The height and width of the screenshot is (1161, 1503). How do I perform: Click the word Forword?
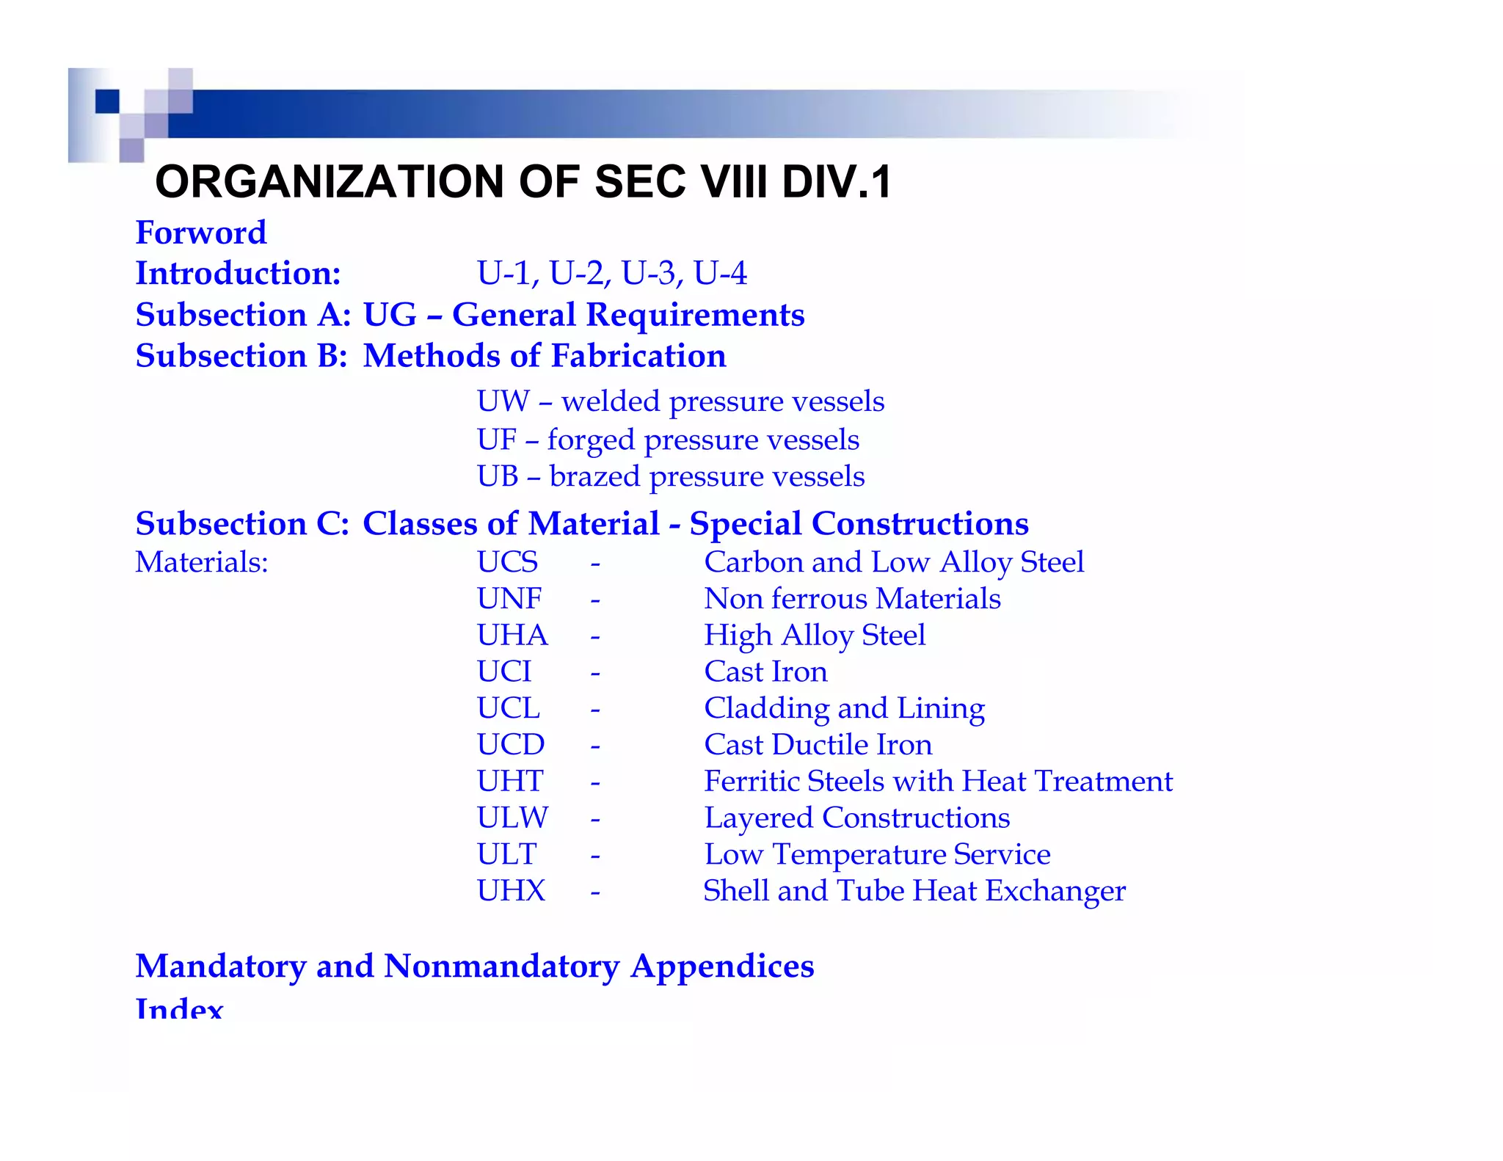(200, 233)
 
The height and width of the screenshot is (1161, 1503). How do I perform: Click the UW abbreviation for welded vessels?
(503, 401)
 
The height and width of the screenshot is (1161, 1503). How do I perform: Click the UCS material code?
(507, 562)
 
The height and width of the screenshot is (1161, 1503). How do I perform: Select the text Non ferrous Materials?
(852, 599)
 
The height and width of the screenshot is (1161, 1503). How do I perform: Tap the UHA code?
(512, 636)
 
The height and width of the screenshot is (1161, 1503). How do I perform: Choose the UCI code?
(503, 672)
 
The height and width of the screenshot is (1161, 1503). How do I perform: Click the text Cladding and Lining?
(844, 708)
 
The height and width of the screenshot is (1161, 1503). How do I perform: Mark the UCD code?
(510, 745)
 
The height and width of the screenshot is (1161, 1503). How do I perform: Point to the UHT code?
(509, 781)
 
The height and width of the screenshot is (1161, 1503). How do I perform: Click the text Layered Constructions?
(856, 818)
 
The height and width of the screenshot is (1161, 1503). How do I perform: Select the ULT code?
(506, 854)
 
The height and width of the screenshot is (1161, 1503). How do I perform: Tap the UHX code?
(511, 891)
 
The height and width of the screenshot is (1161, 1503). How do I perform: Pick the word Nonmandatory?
(501, 966)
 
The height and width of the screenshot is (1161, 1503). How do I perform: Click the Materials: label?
(202, 562)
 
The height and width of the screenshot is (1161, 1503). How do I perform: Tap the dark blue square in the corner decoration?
(107, 101)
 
